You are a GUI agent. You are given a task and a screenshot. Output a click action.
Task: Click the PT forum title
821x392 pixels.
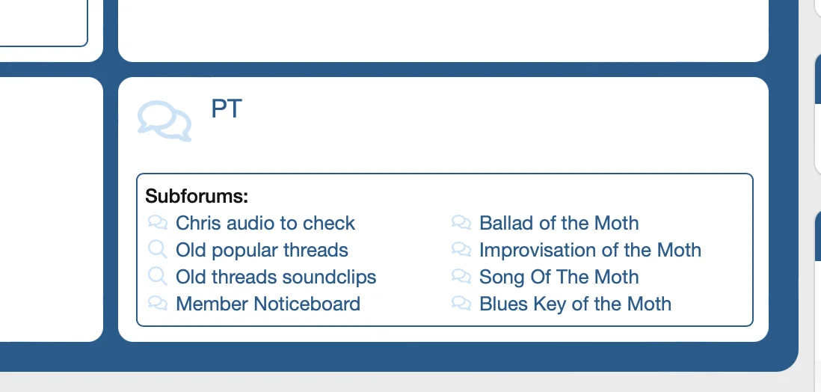(x=227, y=108)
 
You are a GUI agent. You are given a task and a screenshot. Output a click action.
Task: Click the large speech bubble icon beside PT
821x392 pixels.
(x=164, y=121)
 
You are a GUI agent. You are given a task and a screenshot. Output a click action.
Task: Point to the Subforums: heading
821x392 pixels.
(x=197, y=196)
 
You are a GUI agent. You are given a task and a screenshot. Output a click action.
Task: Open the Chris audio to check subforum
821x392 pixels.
(x=265, y=223)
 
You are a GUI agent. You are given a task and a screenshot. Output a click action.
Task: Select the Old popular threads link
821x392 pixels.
(x=262, y=250)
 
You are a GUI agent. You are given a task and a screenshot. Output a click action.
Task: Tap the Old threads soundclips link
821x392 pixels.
(x=276, y=277)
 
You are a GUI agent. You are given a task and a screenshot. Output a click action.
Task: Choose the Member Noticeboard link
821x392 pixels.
(x=268, y=304)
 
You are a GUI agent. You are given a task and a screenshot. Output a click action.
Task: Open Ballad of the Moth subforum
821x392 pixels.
(x=559, y=223)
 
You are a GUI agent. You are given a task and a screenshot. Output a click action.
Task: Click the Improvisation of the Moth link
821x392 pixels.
(x=590, y=250)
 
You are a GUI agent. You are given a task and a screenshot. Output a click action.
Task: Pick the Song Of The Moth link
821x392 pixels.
(x=559, y=277)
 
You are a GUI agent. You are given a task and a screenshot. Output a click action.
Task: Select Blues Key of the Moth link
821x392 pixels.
(x=576, y=304)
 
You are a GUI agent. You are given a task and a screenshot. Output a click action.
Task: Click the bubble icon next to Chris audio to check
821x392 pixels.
(x=158, y=222)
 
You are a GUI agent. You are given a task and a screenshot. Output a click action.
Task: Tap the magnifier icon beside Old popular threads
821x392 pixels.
(x=158, y=249)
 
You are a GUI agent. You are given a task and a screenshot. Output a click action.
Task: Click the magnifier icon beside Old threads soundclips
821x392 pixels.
(x=158, y=275)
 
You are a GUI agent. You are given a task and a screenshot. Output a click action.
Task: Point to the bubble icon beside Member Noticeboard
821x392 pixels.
(x=158, y=303)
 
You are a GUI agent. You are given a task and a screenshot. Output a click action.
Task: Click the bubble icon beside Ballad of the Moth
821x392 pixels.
(x=461, y=222)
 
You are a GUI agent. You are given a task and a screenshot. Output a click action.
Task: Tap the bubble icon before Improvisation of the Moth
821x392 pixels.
(x=461, y=249)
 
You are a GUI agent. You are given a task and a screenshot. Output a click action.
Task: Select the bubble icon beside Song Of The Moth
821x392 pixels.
(x=461, y=275)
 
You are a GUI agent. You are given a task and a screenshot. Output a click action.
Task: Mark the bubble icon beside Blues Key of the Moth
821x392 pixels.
(x=461, y=303)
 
